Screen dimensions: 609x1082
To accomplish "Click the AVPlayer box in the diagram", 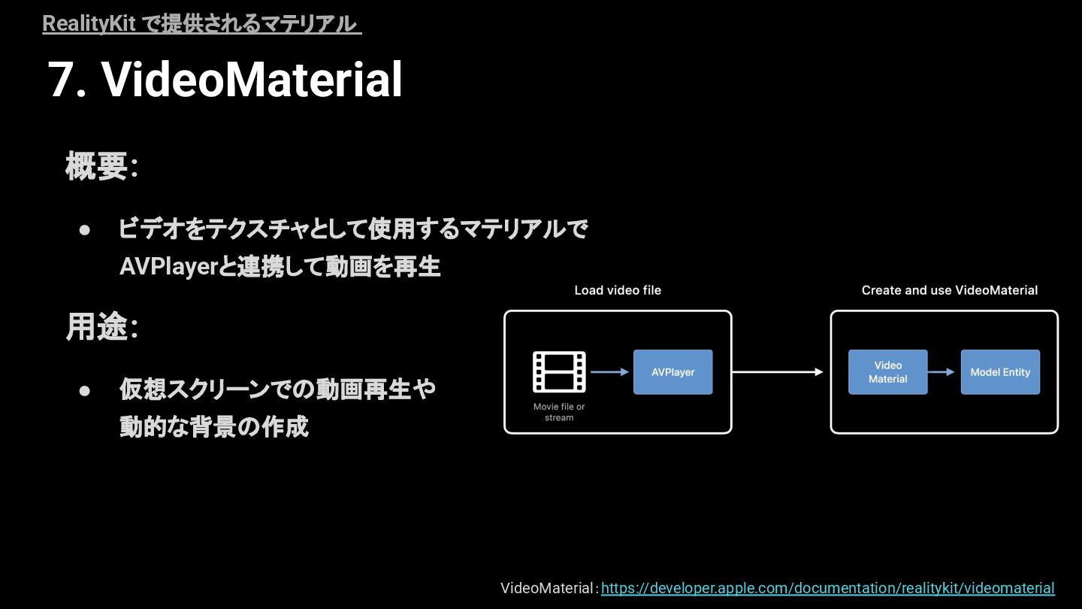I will (672, 372).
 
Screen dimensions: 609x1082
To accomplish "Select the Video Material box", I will (887, 372).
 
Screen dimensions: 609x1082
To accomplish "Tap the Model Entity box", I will (1000, 372).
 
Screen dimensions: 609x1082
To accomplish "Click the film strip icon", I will (559, 372).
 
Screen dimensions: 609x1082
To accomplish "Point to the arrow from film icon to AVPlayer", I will (609, 371).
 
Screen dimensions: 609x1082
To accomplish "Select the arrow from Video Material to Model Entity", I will (944, 371).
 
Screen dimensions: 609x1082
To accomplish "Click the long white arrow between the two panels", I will (778, 371).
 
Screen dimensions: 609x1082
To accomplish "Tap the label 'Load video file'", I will (618, 290).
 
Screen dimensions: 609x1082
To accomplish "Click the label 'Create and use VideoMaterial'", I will (949, 290).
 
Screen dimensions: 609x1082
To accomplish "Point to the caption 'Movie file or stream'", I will (559, 412).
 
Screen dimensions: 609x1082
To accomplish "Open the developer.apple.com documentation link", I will (827, 588).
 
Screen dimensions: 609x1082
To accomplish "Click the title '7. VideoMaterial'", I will (225, 80).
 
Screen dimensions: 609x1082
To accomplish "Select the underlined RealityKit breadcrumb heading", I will (201, 24).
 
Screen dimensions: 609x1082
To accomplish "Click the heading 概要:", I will (101, 166).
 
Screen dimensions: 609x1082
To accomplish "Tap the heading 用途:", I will (101, 327).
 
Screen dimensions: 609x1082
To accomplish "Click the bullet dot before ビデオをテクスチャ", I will (85, 229).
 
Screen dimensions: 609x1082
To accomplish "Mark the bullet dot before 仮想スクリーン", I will (85, 390).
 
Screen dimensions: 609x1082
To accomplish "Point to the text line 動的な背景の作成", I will (214, 427).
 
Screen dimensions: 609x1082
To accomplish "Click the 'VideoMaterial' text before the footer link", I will (548, 588).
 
